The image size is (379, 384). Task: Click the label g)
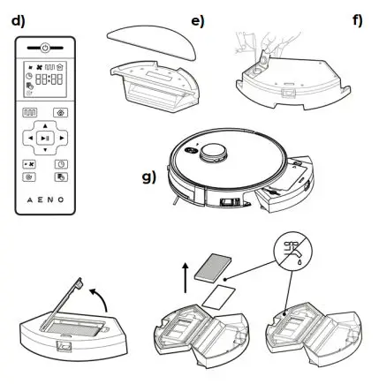(148, 176)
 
